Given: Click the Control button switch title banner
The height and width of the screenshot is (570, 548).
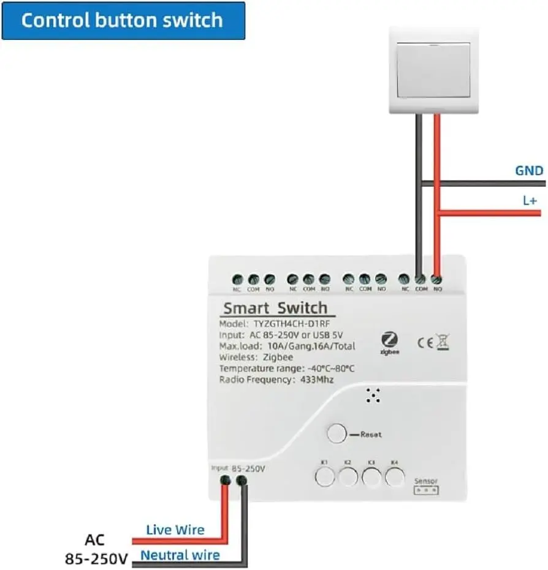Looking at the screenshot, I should point(123,21).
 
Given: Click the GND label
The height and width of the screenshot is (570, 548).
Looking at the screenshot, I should point(529,171).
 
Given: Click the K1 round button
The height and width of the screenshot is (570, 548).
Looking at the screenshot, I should point(325,476).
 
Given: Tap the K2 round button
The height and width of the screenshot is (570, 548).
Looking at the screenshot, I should point(348,476).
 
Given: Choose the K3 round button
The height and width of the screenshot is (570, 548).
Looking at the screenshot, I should point(371,476).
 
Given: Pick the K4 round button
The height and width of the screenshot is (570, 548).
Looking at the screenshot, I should point(395,476).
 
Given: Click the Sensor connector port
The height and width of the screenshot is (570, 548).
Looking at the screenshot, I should point(426,490).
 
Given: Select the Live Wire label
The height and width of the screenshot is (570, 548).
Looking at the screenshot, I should point(175,530).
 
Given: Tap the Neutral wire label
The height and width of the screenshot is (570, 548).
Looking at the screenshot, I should point(180,555).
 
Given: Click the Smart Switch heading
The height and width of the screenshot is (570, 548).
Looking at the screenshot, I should point(275,308).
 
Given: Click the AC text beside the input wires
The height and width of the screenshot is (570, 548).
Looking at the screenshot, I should point(95,540).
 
